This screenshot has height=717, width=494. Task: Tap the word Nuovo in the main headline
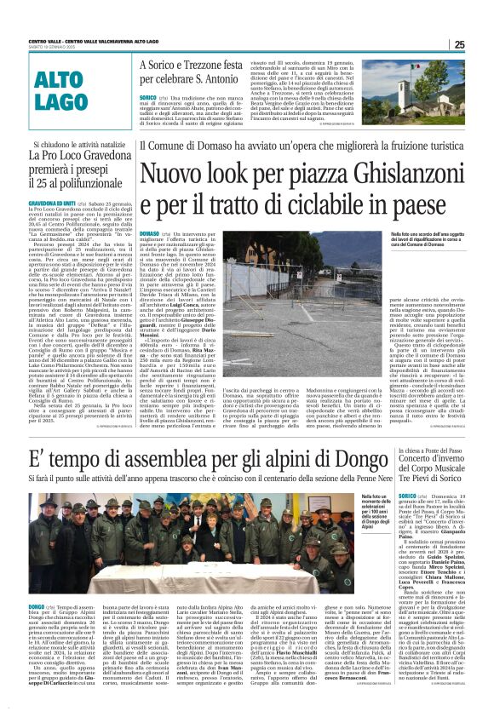pyautogui.click(x=173, y=178)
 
